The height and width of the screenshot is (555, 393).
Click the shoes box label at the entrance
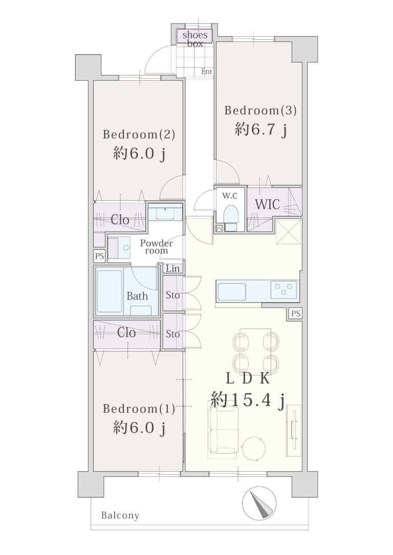coord(195,39)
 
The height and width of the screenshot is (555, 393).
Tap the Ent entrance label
coord(207,72)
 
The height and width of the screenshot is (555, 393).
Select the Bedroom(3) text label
coord(260,110)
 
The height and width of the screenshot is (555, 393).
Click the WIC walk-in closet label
coord(268,204)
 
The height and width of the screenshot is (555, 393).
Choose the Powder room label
coord(156,247)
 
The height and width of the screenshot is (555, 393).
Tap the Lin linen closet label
coord(173,268)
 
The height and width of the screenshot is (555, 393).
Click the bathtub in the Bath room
coord(110,291)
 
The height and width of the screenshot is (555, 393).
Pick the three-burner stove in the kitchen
coord(283,290)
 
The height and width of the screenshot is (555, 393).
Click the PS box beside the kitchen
coord(296,314)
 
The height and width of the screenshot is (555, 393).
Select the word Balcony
coord(120,515)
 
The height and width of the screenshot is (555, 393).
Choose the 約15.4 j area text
coord(248,401)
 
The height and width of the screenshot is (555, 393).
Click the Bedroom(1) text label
coord(139,409)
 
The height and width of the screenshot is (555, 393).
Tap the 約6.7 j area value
coord(260,130)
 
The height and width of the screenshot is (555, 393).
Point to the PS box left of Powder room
coord(100,256)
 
